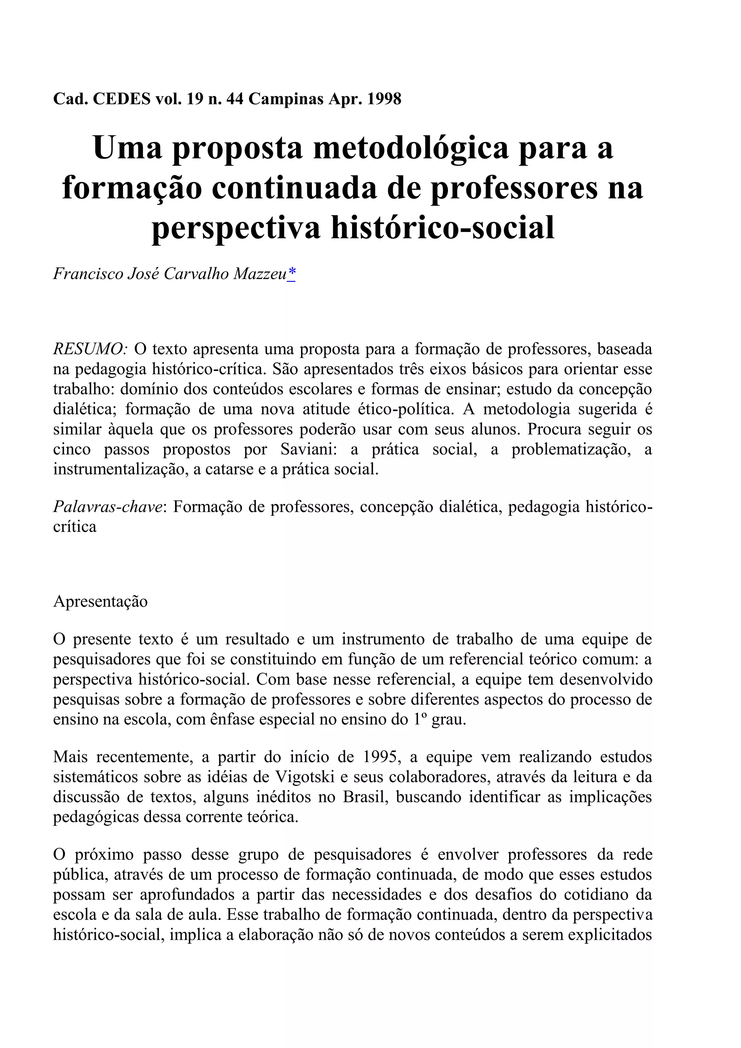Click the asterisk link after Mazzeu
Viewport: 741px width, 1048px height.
click(x=291, y=274)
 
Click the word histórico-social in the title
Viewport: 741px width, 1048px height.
click(x=442, y=227)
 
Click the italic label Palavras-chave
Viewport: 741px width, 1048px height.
click(x=108, y=507)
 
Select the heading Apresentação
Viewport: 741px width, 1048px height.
click(x=100, y=601)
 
